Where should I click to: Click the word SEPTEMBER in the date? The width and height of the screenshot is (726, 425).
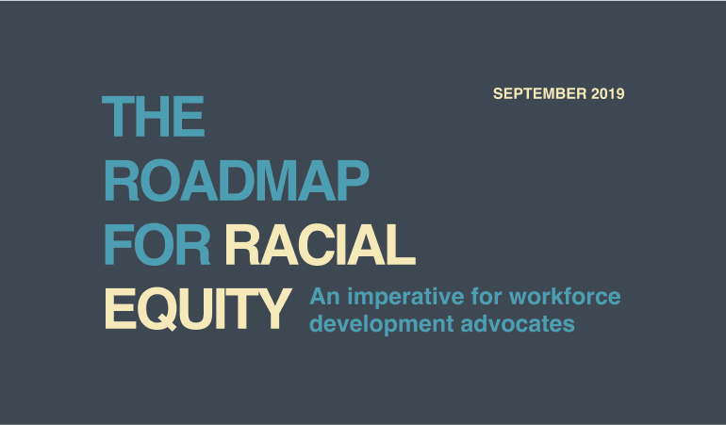[540, 93]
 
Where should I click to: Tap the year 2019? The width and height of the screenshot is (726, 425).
[608, 93]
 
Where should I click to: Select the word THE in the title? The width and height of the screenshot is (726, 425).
[154, 116]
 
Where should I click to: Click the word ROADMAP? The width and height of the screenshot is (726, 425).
[237, 181]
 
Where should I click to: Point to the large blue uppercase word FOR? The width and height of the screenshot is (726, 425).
[157, 244]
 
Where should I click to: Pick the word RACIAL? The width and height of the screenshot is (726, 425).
[320, 244]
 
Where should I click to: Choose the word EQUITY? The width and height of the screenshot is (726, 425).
[198, 309]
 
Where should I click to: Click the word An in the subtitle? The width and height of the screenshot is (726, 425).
[325, 296]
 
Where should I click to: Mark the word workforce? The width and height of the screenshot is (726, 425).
[565, 296]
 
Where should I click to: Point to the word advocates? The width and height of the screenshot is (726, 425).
[518, 323]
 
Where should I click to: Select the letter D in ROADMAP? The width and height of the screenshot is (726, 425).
[236, 181]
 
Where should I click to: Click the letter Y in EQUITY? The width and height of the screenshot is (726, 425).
[274, 308]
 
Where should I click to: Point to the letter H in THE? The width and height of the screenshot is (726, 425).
[154, 116]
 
